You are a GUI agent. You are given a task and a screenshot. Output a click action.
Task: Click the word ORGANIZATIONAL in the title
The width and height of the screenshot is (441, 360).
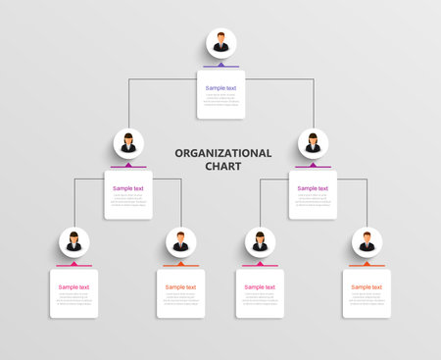[222, 153]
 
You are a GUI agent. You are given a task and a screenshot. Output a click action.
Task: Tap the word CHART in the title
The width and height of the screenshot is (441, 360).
[222, 166]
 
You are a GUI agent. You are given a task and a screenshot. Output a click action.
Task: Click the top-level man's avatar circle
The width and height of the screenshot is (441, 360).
[220, 43]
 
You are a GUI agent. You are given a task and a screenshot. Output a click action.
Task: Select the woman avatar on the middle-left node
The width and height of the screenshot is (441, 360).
[128, 144]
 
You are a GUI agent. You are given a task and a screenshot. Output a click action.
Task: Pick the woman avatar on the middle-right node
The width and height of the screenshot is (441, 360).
[313, 144]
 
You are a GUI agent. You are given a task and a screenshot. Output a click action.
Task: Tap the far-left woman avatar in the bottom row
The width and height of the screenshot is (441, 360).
[73, 241]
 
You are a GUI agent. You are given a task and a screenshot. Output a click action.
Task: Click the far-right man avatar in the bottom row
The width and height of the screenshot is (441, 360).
[367, 241]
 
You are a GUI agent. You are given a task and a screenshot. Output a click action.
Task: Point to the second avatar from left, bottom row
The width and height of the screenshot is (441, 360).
[180, 241]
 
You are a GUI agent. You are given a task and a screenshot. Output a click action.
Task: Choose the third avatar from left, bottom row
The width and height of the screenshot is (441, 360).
[260, 241]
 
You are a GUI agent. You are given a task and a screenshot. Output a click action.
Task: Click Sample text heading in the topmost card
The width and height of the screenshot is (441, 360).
[220, 88]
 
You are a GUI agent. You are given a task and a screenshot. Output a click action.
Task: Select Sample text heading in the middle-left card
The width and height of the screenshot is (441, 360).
[128, 188]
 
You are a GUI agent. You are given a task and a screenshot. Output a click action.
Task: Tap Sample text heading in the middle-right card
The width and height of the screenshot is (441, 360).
[313, 188]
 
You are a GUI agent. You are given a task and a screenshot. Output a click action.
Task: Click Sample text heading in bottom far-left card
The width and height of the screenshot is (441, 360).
[73, 287]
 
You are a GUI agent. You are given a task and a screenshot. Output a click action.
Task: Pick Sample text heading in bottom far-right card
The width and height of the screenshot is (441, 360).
[367, 287]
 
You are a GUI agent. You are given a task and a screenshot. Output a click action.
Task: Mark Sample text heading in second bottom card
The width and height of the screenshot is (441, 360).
[180, 287]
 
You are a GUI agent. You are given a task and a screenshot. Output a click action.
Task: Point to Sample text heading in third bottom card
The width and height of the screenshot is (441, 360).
[260, 287]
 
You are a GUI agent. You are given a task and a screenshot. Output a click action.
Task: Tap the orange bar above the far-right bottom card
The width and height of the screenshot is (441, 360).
[367, 266]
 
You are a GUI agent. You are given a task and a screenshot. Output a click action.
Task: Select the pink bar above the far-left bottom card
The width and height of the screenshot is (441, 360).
[73, 266]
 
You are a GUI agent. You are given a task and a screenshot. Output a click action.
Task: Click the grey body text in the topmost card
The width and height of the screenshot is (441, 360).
[220, 99]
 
